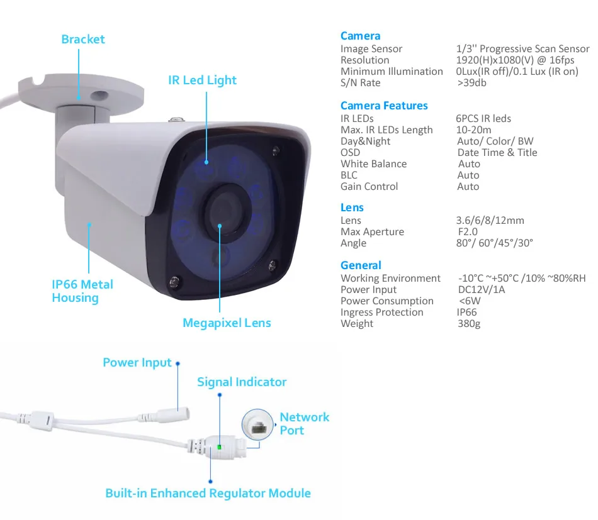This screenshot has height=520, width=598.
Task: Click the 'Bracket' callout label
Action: [x=82, y=39]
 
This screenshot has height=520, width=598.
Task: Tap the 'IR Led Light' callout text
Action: [x=202, y=80]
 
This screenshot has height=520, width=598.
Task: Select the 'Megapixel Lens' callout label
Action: [x=227, y=323]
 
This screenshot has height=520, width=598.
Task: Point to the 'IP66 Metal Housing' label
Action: [x=82, y=290]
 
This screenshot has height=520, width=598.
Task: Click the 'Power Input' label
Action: [x=137, y=363]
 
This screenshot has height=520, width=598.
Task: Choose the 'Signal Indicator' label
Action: [x=241, y=382]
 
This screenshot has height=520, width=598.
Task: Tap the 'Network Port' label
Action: [x=304, y=423]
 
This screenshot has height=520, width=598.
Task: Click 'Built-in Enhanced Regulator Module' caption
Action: [x=208, y=492]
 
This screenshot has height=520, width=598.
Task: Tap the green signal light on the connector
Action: [x=218, y=447]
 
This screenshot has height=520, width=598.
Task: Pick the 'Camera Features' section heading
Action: [x=384, y=106]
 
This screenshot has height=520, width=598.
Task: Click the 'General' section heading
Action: [x=361, y=265]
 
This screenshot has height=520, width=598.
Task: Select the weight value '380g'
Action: [x=468, y=324]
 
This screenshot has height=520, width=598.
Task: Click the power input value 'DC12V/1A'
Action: [x=481, y=290]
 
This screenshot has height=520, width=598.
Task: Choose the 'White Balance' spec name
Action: [x=373, y=164]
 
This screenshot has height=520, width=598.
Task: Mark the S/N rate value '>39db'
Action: [x=472, y=83]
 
